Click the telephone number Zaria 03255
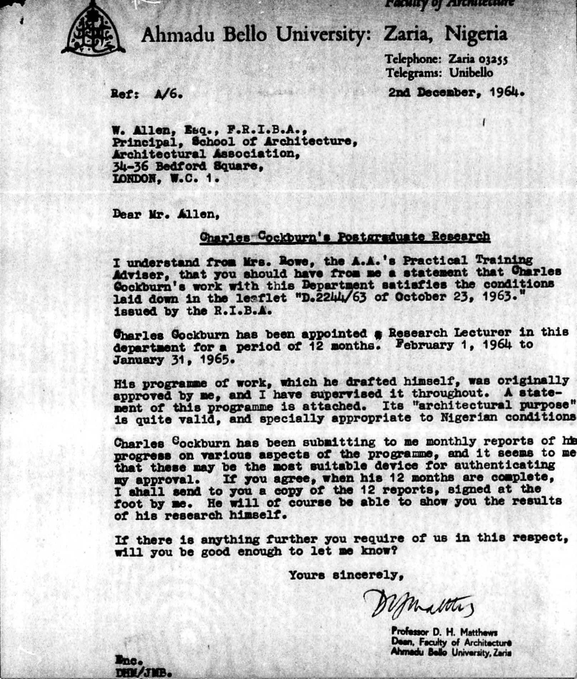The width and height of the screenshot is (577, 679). (x=478, y=59)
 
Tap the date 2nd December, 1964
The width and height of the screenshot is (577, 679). (x=456, y=93)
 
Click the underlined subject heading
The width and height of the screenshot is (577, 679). (x=344, y=237)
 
